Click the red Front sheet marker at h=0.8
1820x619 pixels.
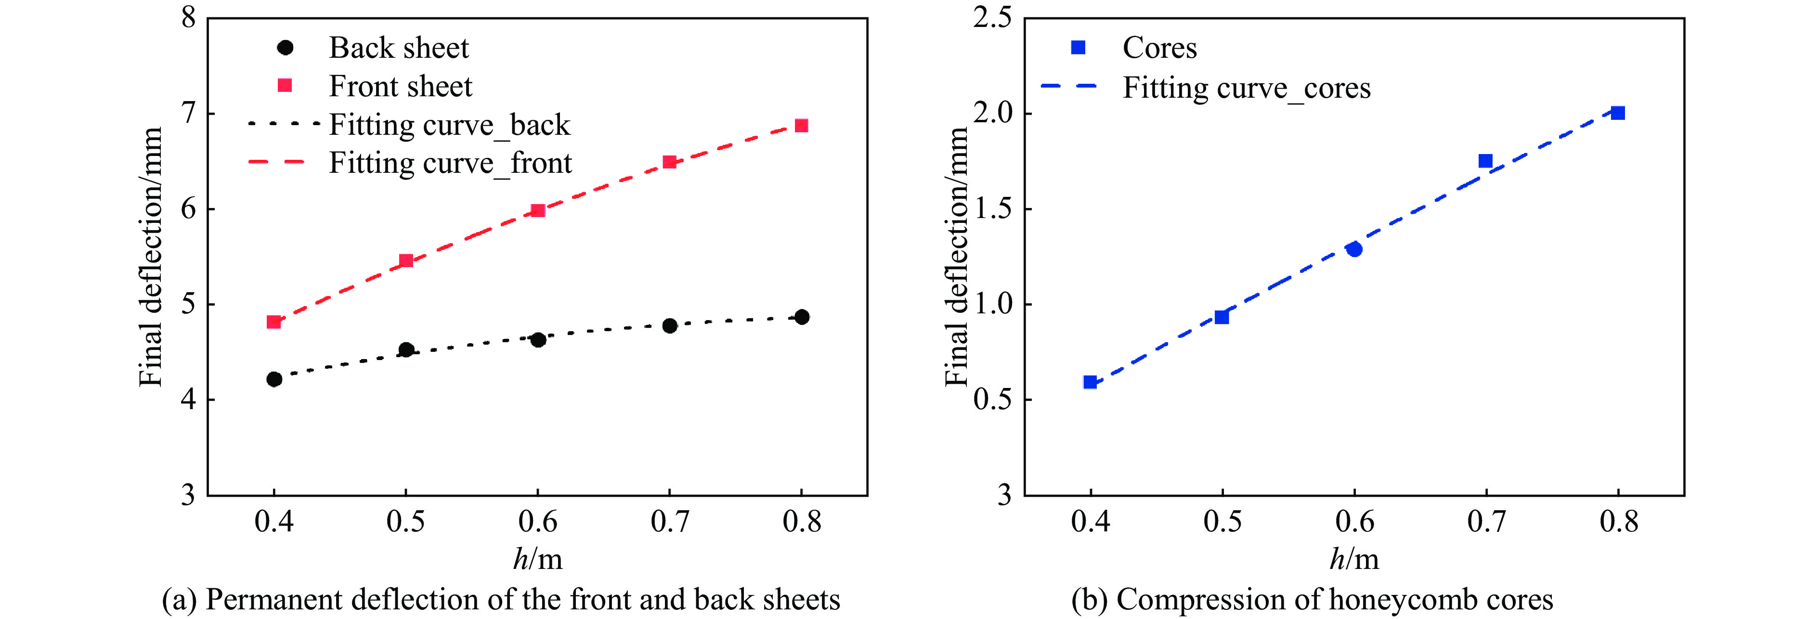(801, 126)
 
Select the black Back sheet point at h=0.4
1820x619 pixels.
(274, 379)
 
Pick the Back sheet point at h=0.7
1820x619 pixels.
(670, 326)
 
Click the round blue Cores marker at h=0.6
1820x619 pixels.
(1354, 249)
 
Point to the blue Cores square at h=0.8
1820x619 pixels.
(1618, 113)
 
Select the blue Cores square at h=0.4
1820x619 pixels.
(1090, 382)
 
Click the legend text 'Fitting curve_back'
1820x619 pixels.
(449, 125)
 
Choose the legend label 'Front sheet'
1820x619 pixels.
(401, 86)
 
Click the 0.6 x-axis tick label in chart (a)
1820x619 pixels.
(538, 521)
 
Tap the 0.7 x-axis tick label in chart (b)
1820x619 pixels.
(1486, 521)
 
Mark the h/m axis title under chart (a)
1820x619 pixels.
(538, 559)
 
